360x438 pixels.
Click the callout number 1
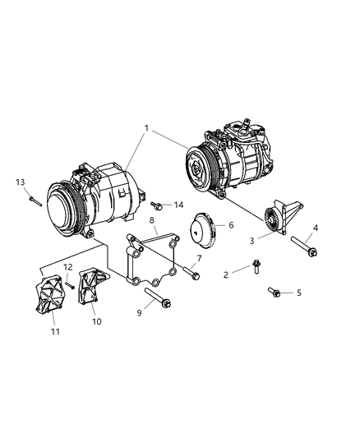click(147, 127)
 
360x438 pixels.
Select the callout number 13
click(20, 182)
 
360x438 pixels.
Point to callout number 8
click(152, 221)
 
